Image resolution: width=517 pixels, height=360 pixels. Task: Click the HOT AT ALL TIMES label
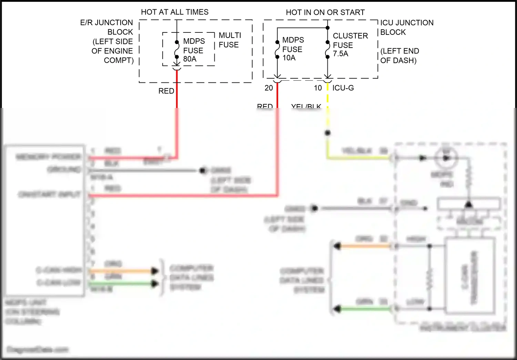pos(174,12)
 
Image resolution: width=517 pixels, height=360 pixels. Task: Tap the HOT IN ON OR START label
pos(325,12)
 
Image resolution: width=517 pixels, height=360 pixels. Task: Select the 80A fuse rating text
pos(190,59)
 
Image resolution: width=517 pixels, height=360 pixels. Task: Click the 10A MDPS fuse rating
pos(289,58)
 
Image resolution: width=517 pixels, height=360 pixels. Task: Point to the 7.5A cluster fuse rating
pos(341,54)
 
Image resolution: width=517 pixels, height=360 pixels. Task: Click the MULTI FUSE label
pos(230,40)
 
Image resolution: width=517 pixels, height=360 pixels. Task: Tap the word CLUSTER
pos(350,36)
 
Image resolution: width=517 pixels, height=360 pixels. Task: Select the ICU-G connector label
pos(343,88)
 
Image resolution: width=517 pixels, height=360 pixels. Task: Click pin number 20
pos(269,88)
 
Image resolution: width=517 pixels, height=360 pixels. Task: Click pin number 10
pos(318,88)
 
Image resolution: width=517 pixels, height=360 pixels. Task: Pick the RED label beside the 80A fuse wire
pos(166,91)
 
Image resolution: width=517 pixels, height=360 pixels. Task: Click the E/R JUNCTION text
pos(106,23)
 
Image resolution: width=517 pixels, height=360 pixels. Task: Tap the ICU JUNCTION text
pos(407,23)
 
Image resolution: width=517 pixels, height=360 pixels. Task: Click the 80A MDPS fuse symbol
pos(176,50)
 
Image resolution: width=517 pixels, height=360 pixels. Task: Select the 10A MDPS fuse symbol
pos(277,50)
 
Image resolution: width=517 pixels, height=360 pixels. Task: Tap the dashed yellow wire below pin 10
pos(327,98)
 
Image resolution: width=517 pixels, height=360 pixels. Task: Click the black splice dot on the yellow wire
pos(327,133)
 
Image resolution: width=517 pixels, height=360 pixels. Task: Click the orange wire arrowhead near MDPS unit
pos(155,271)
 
